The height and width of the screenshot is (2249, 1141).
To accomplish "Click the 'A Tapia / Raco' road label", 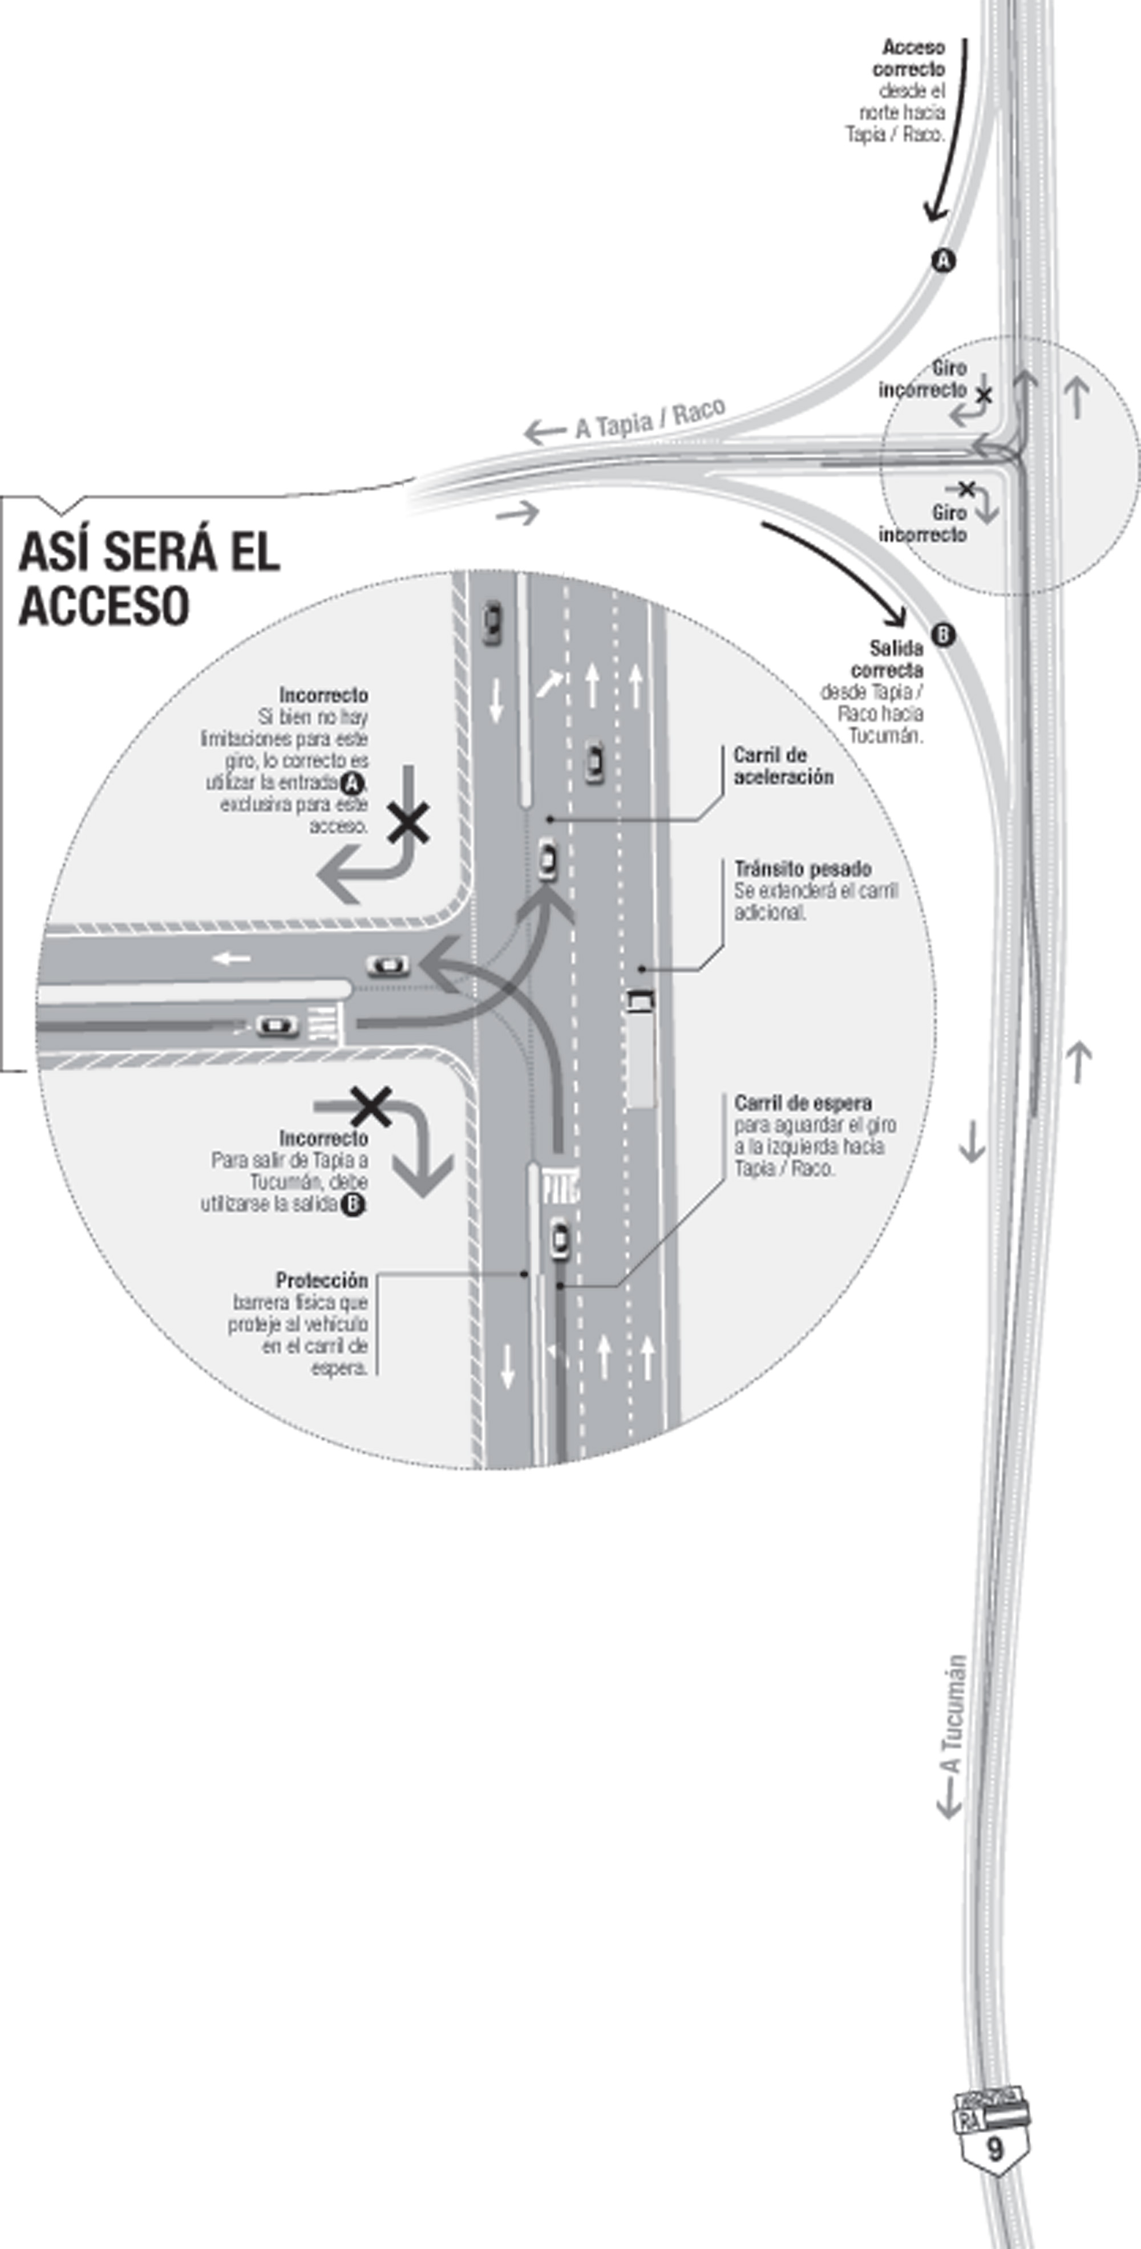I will pos(649,419).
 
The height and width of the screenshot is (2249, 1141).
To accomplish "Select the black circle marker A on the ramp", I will pos(943,260).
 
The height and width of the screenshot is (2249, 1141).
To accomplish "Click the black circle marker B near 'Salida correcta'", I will pos(943,635).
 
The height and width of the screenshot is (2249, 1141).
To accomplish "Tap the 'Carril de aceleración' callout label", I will pos(783,765).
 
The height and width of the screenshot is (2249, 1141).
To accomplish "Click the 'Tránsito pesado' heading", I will pos(802,869).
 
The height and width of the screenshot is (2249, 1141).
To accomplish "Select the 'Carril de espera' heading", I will pos(802,1103).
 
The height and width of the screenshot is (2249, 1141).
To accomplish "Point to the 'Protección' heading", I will pos(321,1280).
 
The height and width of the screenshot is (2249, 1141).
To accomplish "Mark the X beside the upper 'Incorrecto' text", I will pos(408,823).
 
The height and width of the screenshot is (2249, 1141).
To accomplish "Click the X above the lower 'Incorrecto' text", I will pos(371,1106).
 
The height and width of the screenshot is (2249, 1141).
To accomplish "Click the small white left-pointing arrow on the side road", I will pos(232,959).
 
